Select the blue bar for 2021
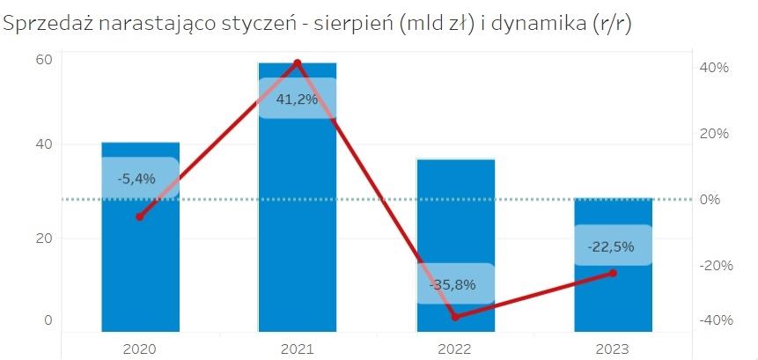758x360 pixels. [297, 220]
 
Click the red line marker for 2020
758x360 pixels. [139, 217]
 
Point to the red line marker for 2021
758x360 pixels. [297, 62]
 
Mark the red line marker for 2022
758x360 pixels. [455, 317]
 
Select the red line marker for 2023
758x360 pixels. [613, 273]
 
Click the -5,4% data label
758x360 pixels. [136, 179]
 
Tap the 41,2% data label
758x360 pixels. [297, 99]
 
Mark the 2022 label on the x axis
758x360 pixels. [455, 349]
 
